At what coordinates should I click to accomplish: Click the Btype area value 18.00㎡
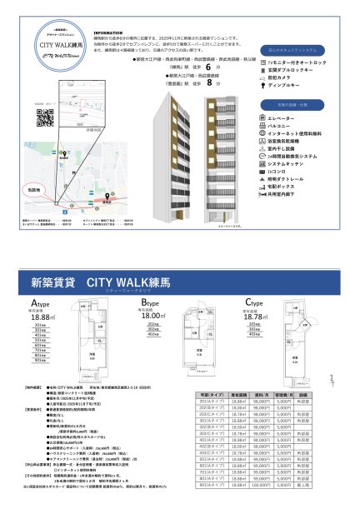coord(153,317)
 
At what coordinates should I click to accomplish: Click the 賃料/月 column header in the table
coord(261,392)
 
